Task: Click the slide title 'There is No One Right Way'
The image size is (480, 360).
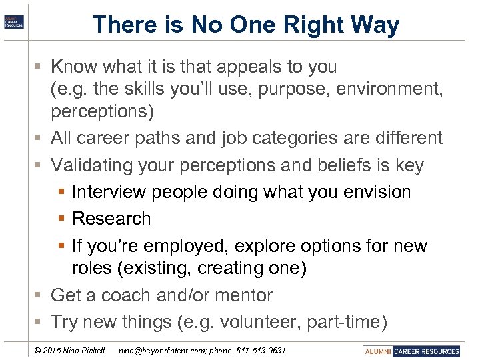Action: click(246, 25)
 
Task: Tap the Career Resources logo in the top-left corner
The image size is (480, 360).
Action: click(14, 21)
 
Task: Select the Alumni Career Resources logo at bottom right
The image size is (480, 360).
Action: click(411, 351)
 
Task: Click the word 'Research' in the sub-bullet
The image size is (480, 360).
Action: click(111, 219)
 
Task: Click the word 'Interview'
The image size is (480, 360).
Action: click(109, 192)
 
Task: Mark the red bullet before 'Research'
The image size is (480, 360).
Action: click(62, 219)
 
